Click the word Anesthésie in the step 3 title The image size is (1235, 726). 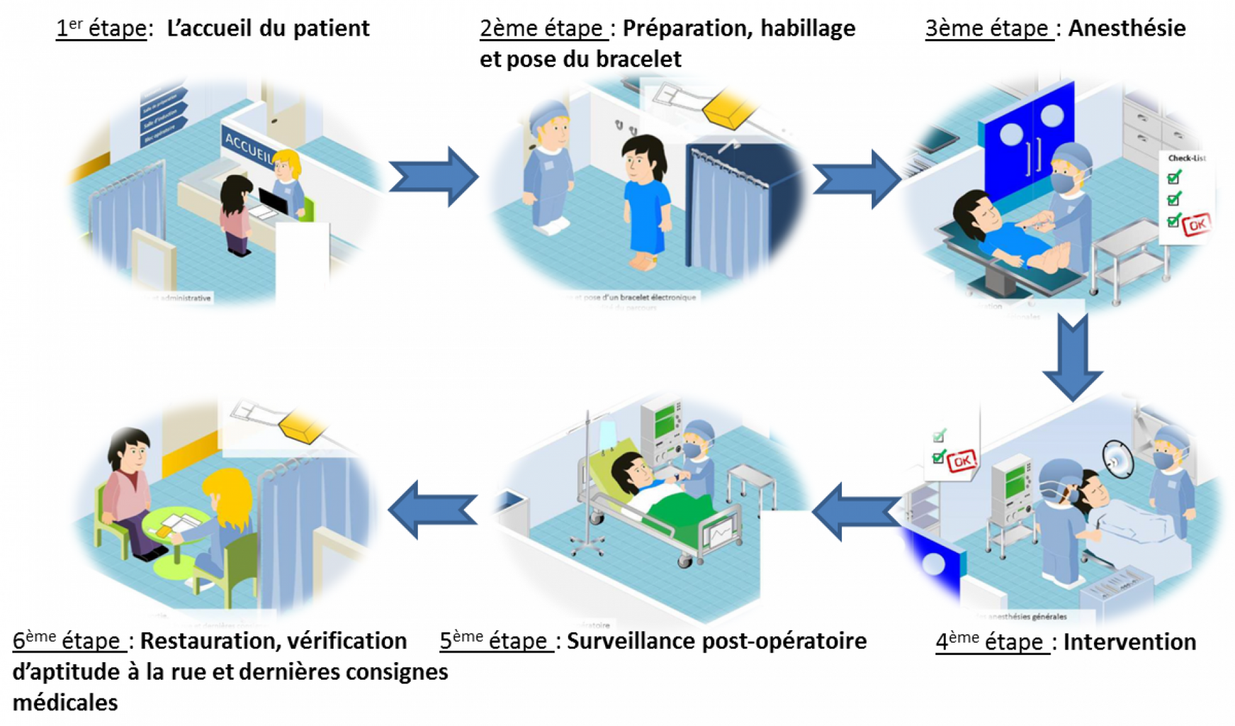click(x=1127, y=28)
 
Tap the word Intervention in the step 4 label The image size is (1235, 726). click(x=1129, y=642)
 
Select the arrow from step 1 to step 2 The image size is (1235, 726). click(x=434, y=177)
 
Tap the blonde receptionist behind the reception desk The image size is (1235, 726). click(x=288, y=181)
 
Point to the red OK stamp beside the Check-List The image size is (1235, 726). click(x=1196, y=225)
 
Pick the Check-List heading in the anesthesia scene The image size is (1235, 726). click(x=1186, y=158)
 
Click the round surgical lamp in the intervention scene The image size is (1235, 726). click(x=1118, y=459)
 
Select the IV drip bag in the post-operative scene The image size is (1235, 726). click(x=607, y=434)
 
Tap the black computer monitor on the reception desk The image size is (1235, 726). click(x=273, y=201)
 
